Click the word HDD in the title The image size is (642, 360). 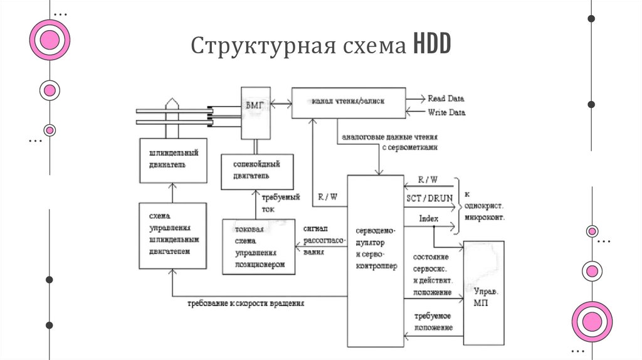pyautogui.click(x=431, y=46)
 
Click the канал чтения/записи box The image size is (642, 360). pyautogui.click(x=348, y=102)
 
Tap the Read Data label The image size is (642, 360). pyautogui.click(x=446, y=98)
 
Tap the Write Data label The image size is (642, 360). pyautogui.click(x=446, y=113)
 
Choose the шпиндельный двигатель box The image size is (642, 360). pyautogui.click(x=173, y=161)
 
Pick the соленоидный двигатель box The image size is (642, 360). pyautogui.click(x=257, y=171)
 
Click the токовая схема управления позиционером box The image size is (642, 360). pyautogui.click(x=258, y=246)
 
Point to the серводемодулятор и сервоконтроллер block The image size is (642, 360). pyautogui.click(x=376, y=260)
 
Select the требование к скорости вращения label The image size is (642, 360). pyautogui.click(x=246, y=303)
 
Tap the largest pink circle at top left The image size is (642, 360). pyautogui.click(x=50, y=40)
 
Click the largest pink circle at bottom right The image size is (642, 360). pyautogui.click(x=591, y=321)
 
